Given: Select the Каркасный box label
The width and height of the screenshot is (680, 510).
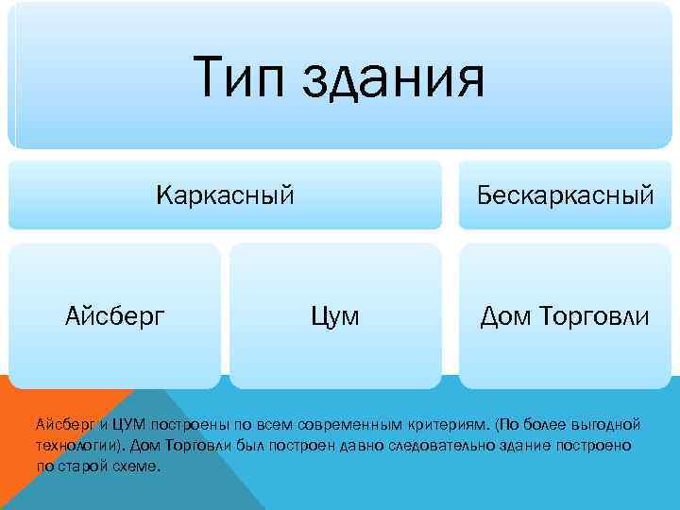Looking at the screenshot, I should [x=225, y=195].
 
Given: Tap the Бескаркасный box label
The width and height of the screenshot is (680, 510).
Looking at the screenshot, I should [x=565, y=195].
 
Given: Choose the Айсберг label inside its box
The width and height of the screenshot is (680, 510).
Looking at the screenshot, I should [x=114, y=315].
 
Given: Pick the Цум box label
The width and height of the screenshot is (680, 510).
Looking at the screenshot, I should [x=335, y=315].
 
